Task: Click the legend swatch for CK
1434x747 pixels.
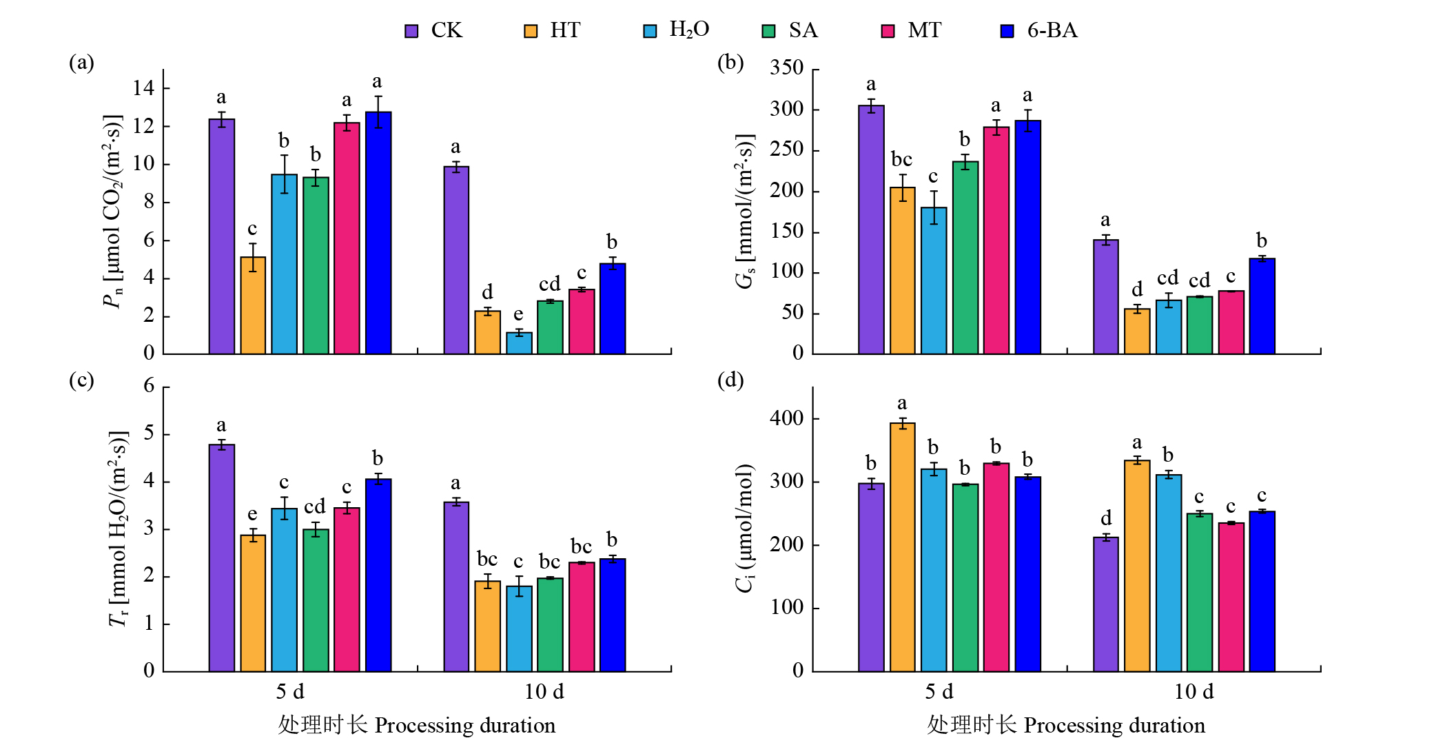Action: click(x=411, y=31)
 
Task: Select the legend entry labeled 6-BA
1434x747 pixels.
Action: click(x=1052, y=30)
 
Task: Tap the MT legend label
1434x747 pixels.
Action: click(x=924, y=30)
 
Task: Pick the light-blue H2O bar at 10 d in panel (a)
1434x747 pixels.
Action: click(x=519, y=343)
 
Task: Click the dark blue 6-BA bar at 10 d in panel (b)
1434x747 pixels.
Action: click(x=1262, y=306)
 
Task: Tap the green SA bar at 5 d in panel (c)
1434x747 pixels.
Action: click(x=316, y=600)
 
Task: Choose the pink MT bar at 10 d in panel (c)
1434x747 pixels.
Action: click(x=582, y=617)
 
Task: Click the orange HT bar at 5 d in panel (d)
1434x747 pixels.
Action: click(x=902, y=547)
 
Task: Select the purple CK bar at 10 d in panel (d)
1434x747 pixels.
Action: click(x=1105, y=604)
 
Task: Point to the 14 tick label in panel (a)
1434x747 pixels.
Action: click(x=144, y=88)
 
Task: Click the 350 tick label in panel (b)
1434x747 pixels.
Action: click(x=787, y=68)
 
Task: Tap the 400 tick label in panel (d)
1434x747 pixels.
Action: click(x=787, y=418)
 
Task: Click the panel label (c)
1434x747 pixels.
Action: click(x=81, y=380)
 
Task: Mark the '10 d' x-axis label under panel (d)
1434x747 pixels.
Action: click(x=1194, y=691)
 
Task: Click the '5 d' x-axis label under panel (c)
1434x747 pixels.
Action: click(x=290, y=691)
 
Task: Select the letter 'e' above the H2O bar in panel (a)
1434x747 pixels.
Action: click(x=518, y=314)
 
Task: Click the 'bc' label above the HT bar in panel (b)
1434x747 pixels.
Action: click(x=901, y=160)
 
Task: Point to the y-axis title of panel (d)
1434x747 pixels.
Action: click(x=745, y=528)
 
